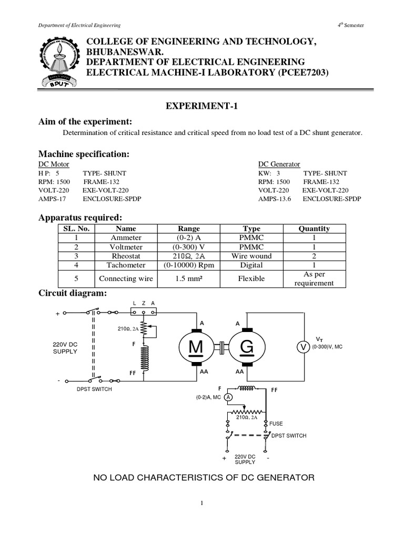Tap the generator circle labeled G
[x=247, y=347]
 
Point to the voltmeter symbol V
[x=302, y=347]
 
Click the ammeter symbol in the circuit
[x=228, y=397]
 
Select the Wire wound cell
[x=251, y=256]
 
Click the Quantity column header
[x=314, y=229]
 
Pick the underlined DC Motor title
[x=54, y=164]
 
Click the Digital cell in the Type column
[x=251, y=265]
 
